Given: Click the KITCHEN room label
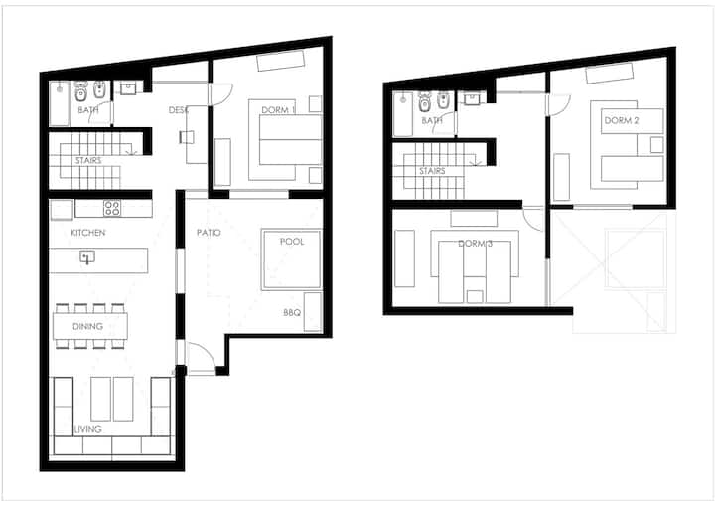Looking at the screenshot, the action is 88,233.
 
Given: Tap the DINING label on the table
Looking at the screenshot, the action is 87,326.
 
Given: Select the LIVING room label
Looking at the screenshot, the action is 88,429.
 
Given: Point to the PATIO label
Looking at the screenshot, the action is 209,233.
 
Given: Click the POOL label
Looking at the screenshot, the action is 292,242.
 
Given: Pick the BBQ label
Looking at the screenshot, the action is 292,313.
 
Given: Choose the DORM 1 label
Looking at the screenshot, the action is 278,110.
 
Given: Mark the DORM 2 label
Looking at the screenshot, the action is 622,120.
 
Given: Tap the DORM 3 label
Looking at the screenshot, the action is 475,244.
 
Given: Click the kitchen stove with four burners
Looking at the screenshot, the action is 111,208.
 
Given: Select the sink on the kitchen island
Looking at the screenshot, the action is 87,257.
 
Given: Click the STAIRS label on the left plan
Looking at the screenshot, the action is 88,160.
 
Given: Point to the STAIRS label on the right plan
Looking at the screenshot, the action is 432,171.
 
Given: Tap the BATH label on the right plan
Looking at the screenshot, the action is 432,120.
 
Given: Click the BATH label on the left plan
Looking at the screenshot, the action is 88,110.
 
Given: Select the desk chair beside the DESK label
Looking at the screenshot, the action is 187,137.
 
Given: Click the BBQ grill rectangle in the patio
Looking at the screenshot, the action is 313,312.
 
